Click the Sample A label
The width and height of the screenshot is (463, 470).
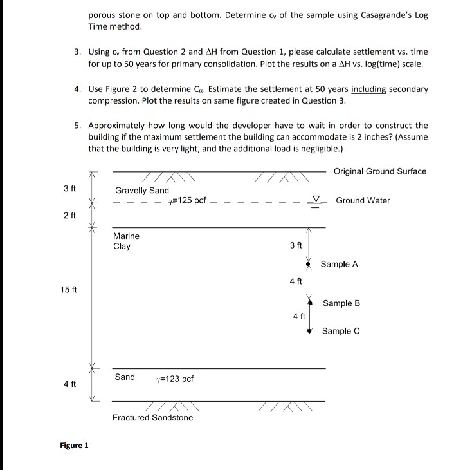[339, 264]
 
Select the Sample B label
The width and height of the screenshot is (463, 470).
[341, 303]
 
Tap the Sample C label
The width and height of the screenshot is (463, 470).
[341, 331]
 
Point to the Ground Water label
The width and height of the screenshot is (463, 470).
[363, 200]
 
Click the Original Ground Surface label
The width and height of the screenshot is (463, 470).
[379, 171]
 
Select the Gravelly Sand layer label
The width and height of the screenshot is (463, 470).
[141, 190]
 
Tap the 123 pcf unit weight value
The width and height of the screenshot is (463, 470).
[174, 379]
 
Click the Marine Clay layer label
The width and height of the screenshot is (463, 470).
[126, 241]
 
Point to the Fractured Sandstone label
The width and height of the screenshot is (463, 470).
[152, 417]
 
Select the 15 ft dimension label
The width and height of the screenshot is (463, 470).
[69, 289]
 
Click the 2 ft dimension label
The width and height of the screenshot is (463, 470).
[70, 214]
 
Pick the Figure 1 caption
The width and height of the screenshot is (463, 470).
[74, 446]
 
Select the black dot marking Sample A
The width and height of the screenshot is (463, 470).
[309, 264]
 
